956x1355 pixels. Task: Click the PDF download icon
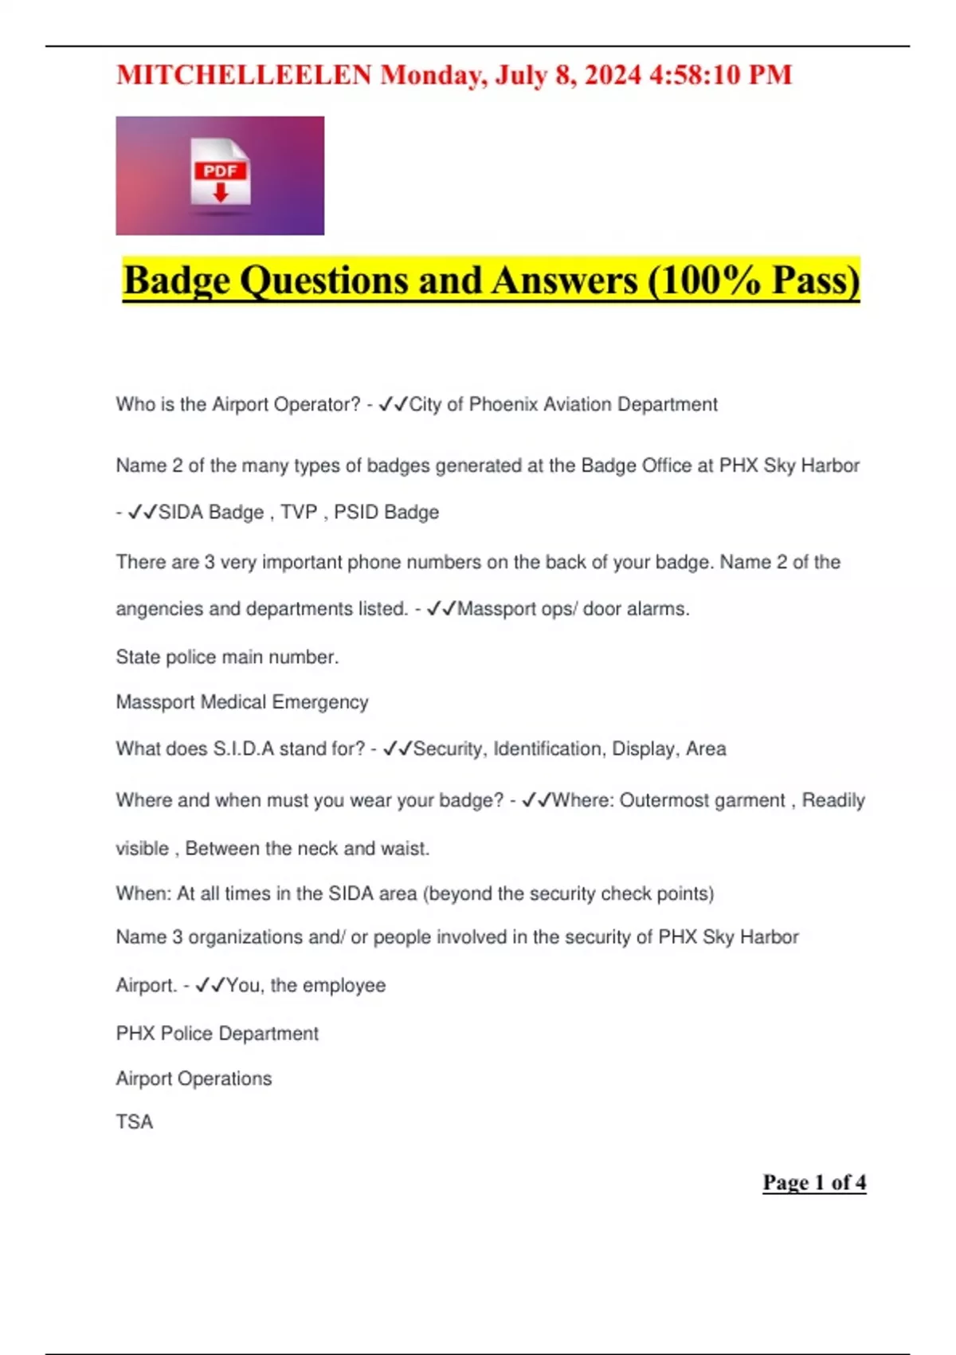coord(221,175)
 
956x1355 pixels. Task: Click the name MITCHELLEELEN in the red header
coord(244,75)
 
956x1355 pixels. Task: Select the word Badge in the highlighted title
coord(176,281)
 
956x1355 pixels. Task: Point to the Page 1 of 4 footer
coord(813,1182)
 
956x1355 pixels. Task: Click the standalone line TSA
coord(134,1121)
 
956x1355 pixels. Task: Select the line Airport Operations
coord(194,1078)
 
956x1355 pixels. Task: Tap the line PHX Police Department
coord(217,1034)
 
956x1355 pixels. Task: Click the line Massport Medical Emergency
coord(241,702)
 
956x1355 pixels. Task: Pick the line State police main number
coord(227,657)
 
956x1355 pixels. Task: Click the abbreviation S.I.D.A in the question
coord(243,749)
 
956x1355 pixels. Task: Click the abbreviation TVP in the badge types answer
coord(299,513)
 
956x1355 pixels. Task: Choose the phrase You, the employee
coord(306,986)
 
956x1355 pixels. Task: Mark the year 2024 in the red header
coord(612,75)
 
